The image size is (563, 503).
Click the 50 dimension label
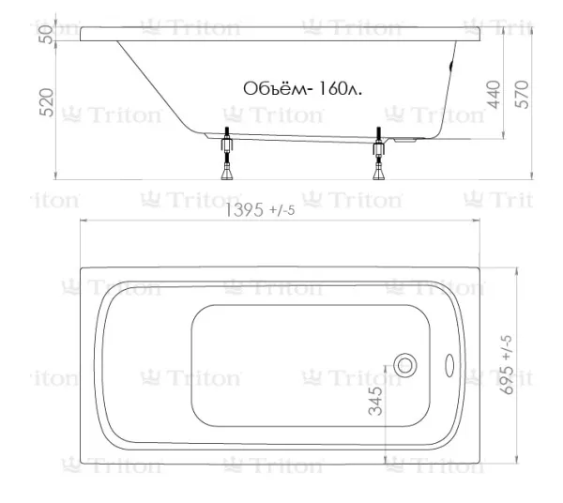click(x=47, y=35)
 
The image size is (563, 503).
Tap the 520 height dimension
click(x=47, y=102)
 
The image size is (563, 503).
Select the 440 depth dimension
click(x=494, y=95)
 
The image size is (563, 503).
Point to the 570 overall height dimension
click(x=522, y=95)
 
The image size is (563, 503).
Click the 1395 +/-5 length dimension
click(x=260, y=209)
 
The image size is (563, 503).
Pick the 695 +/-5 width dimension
click(x=508, y=365)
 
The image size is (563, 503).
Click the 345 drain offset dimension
click(x=375, y=401)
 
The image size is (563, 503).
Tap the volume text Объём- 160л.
click(x=302, y=88)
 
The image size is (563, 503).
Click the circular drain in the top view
click(x=405, y=365)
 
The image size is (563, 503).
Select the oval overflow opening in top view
click(x=449, y=365)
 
